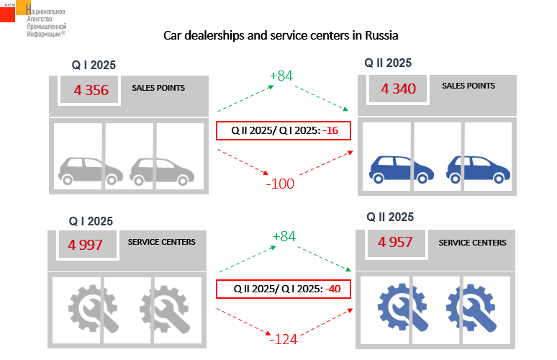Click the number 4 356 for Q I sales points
(x=91, y=90)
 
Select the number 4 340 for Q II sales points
(x=398, y=89)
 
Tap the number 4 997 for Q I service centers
(x=85, y=245)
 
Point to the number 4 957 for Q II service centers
(x=395, y=242)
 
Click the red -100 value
(x=280, y=184)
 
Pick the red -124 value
(x=283, y=339)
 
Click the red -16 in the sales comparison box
(x=330, y=130)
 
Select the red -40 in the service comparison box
(x=333, y=289)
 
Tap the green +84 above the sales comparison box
(x=281, y=76)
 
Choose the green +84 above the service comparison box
(x=284, y=236)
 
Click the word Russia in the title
(x=381, y=35)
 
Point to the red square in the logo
(x=7, y=14)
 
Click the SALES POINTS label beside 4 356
(x=158, y=88)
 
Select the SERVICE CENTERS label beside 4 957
(x=473, y=243)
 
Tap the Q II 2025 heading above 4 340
(x=388, y=63)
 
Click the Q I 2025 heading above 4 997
(x=91, y=221)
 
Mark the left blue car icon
(x=402, y=169)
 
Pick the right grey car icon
(x=162, y=171)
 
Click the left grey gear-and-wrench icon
(x=93, y=308)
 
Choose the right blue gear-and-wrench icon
(x=471, y=307)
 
